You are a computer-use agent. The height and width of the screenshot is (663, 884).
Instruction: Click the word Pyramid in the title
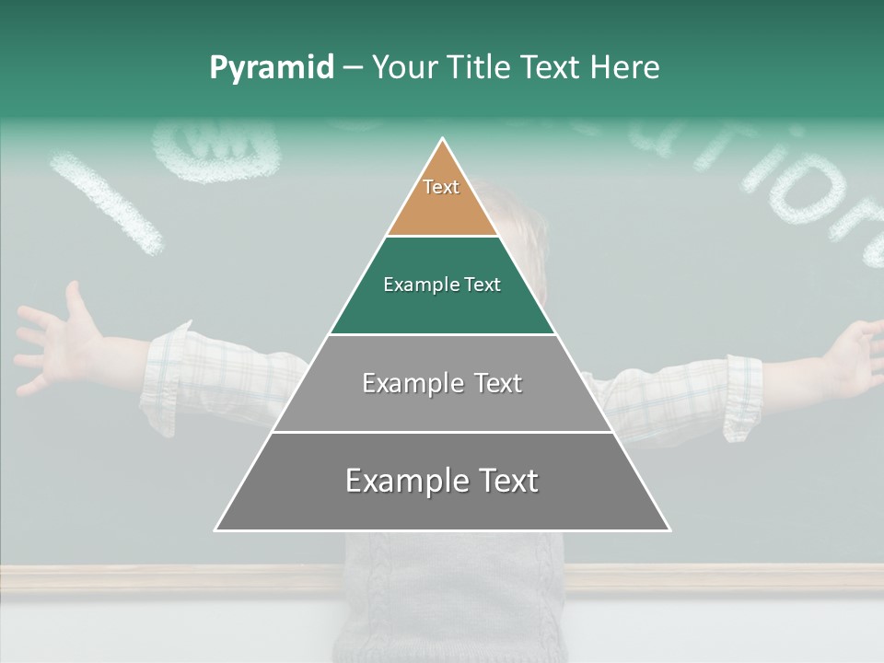tap(271, 68)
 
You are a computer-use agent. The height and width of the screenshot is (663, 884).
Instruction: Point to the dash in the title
tap(353, 68)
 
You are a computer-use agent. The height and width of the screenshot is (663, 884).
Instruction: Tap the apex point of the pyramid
tap(443, 140)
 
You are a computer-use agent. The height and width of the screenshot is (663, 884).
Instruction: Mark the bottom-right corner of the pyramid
tap(669, 529)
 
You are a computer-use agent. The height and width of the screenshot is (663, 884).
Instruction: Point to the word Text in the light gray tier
tap(499, 383)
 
